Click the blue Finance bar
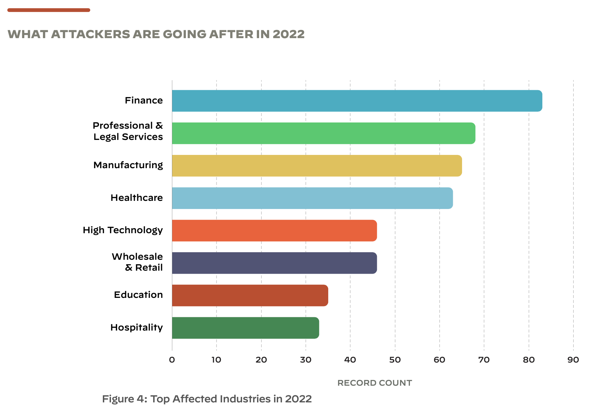pos(357,101)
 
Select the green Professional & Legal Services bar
pos(323,133)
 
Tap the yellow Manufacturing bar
pos(317,166)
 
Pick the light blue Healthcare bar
pos(312,198)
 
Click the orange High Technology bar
pos(274,230)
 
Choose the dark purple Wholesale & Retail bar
pos(274,263)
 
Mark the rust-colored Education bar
pos(250,295)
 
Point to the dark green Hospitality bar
pos(245,328)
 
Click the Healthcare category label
pos(137,198)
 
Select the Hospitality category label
pos(137,327)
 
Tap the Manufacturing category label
pos(128,165)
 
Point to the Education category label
pos(138,295)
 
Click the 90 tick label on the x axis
pos(573,360)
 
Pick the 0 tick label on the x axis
pos(172,360)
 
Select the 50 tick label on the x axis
pos(395,360)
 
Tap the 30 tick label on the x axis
pos(306,360)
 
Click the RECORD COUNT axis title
pos(375,383)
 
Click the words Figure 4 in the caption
pos(124,399)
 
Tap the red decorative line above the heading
pos(49,10)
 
